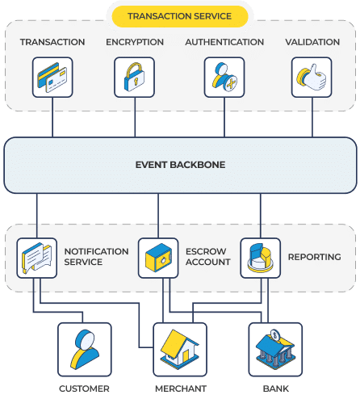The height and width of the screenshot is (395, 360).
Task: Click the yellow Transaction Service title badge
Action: coord(180,16)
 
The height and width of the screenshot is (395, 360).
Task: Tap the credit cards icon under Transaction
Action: coord(52,78)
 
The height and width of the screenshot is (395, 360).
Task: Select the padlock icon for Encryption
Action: coord(134,78)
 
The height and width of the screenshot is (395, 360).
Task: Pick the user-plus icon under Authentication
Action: coord(224,78)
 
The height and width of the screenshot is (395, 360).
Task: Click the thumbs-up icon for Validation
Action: coord(312,78)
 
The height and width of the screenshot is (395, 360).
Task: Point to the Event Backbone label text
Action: coord(180,165)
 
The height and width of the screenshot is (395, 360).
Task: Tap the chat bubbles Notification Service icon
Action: coord(37,258)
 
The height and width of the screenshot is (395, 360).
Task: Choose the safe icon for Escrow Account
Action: coord(158,258)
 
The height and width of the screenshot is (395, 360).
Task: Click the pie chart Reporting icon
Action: coord(261,258)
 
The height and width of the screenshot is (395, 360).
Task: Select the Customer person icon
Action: coord(85,350)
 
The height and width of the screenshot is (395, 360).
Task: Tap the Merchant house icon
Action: coord(180,350)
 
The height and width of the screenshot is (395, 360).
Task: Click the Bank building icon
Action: coord(275,350)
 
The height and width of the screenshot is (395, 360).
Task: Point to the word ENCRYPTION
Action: coord(135,42)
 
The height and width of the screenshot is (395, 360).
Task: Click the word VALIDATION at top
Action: coord(312,42)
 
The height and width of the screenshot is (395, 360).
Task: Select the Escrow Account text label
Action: coord(208,257)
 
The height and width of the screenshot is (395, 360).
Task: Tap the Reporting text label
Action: coord(315,257)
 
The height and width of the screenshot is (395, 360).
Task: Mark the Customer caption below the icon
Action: coord(84,389)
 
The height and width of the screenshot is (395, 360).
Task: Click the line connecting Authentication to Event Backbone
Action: coord(224,117)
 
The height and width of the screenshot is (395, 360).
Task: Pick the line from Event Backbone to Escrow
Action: coord(158,216)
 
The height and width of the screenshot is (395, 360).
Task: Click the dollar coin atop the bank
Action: coord(275,335)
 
